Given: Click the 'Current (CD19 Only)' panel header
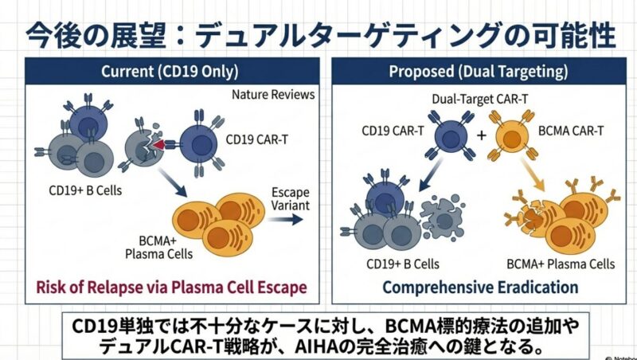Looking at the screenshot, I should tap(170, 72).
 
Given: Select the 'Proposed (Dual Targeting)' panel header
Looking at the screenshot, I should tap(479, 72).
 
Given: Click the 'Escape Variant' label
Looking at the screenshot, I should tap(290, 201).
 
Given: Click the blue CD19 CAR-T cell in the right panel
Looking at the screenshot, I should tap(449, 136).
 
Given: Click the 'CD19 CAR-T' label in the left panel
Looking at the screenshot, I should tap(257, 140).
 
